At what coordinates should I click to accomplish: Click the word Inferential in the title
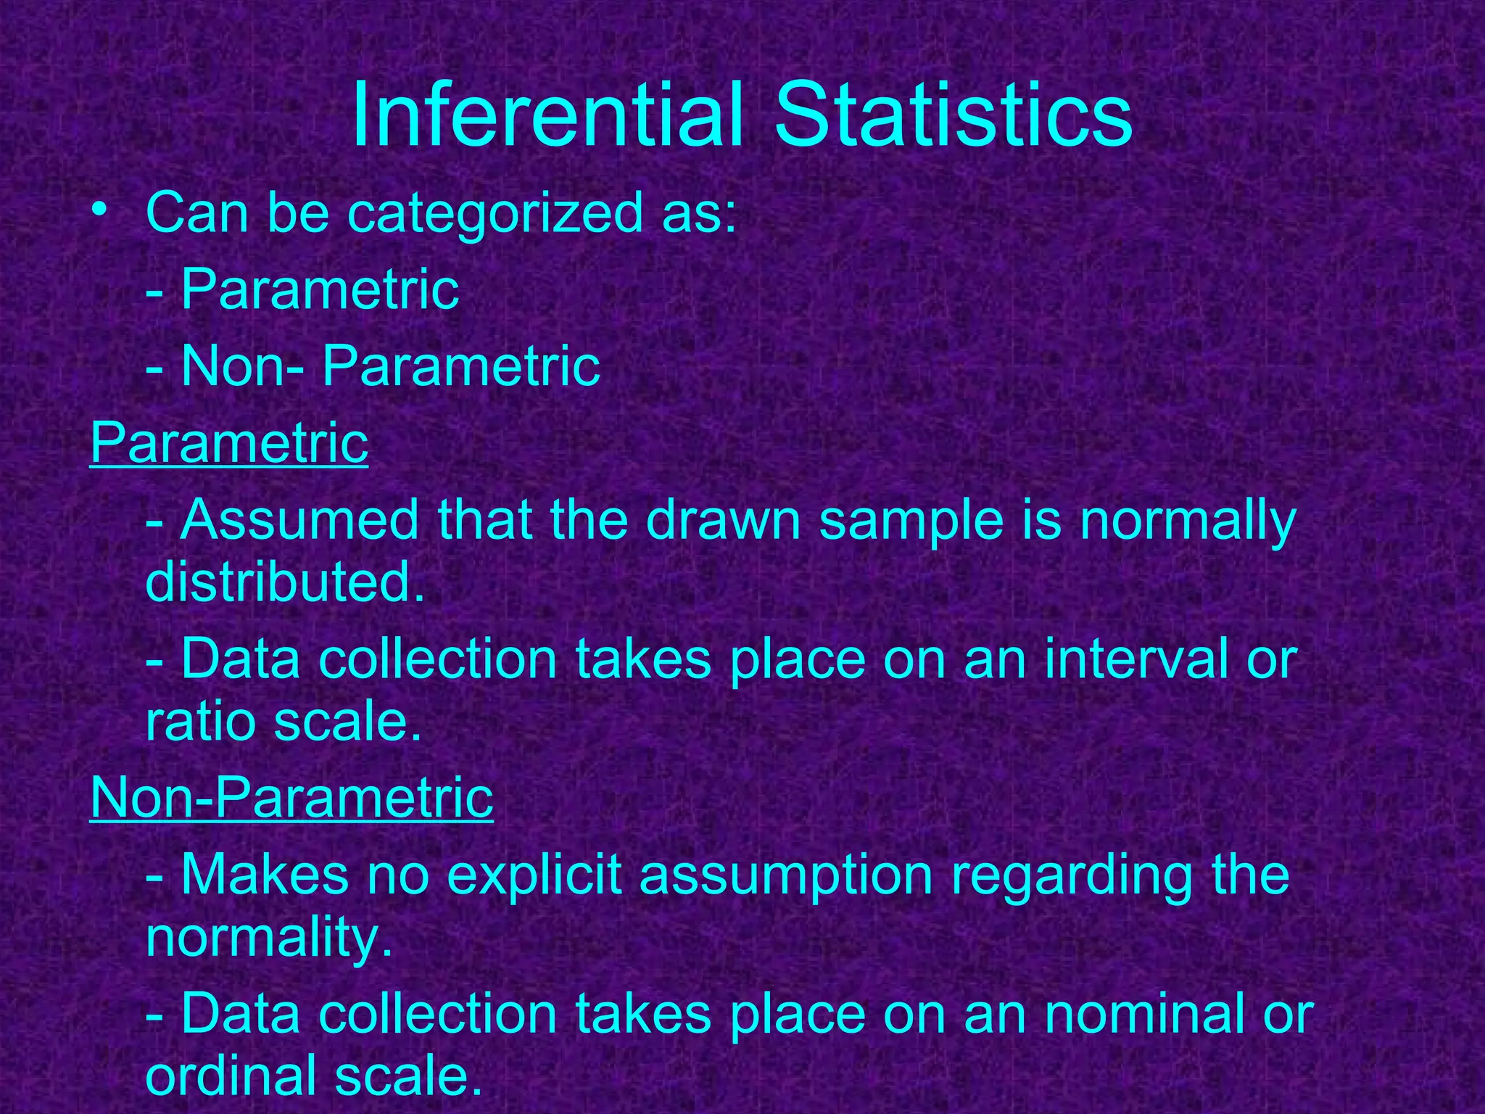pos(547,116)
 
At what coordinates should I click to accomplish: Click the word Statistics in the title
pos(953,116)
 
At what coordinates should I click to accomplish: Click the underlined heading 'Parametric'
pos(229,443)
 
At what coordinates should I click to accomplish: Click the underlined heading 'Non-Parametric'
pos(291,798)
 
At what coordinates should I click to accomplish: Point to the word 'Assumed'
pos(299,520)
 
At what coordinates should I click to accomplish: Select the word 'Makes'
pos(265,875)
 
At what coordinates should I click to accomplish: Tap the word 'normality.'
pos(269,940)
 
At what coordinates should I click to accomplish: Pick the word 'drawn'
pos(723,520)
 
